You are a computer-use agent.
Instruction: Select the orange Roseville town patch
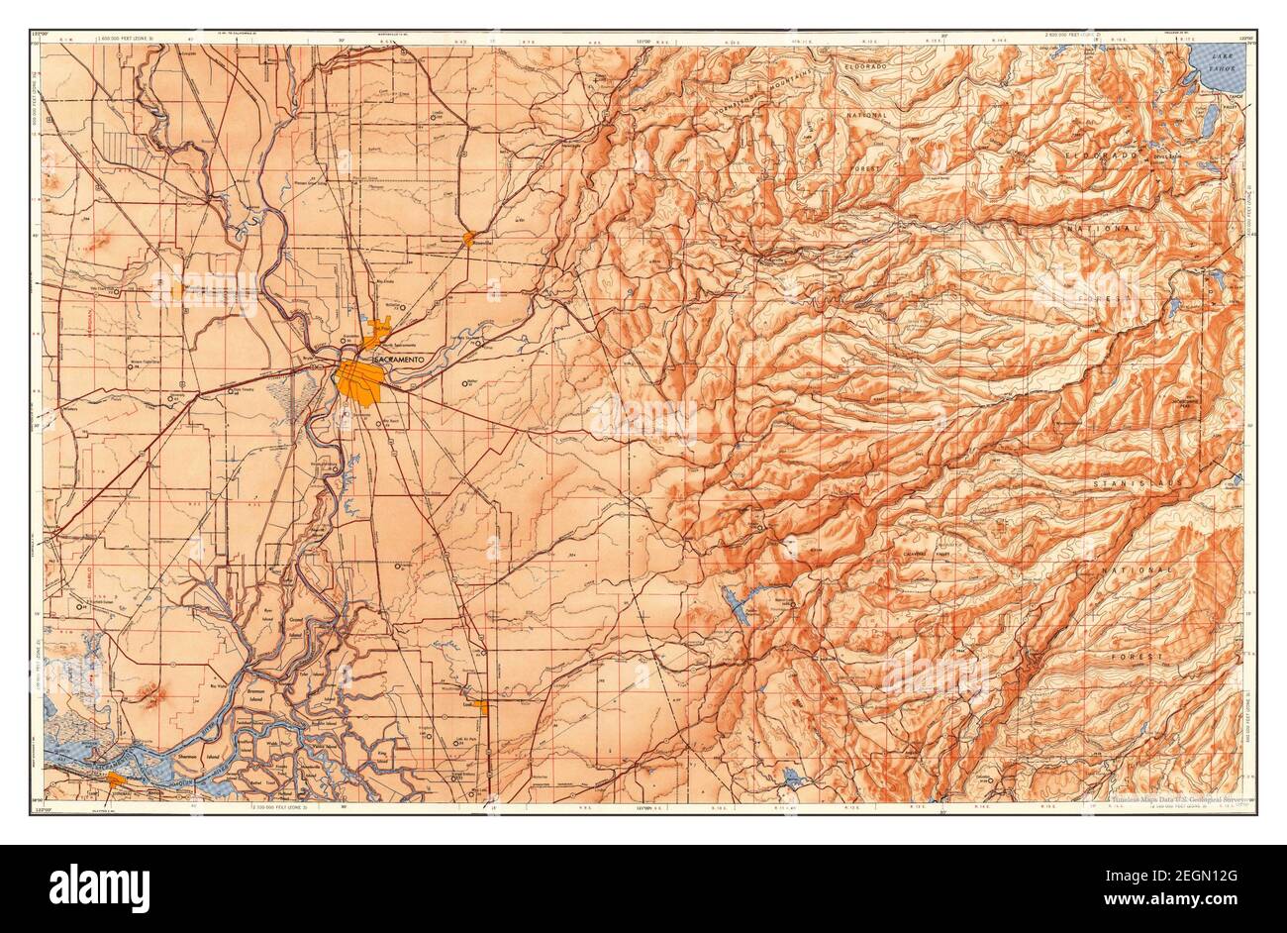point(468,238)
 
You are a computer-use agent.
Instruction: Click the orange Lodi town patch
point(482,706)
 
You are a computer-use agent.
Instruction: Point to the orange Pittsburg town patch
point(116,779)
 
